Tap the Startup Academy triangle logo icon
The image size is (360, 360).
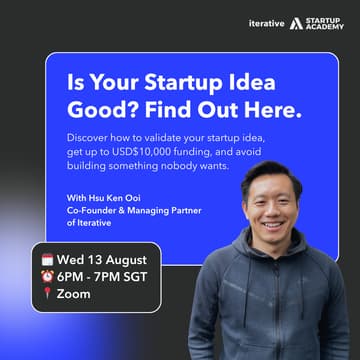coord(297,22)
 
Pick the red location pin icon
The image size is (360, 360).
coord(47,294)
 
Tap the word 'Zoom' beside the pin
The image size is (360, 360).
coord(74,294)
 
